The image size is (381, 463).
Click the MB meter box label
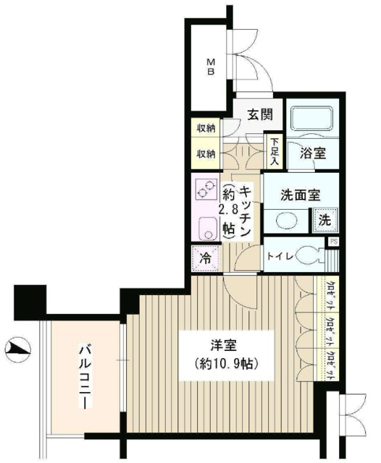tap(213, 66)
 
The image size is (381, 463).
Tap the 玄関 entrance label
tap(258, 114)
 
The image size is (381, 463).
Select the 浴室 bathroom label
tap(312, 154)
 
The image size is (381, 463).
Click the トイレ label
tap(280, 255)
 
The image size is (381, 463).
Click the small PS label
tap(333, 242)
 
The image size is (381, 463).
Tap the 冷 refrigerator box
tap(204, 256)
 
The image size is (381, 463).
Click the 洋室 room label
tap(225, 345)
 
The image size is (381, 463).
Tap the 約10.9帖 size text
tap(224, 363)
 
